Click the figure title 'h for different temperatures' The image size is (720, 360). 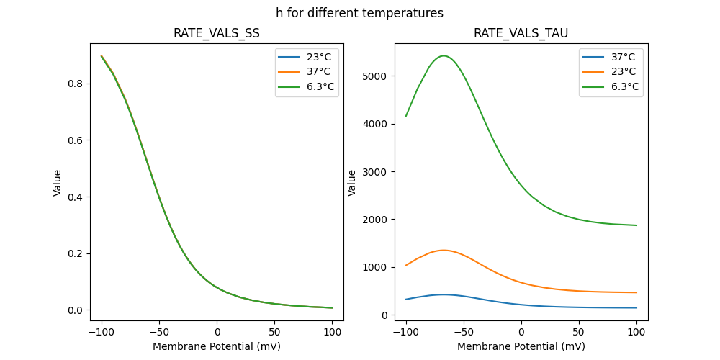click(x=359, y=13)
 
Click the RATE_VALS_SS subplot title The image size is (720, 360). click(x=217, y=34)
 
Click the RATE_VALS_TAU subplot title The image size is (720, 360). click(x=521, y=34)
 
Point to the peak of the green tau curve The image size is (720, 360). click(x=444, y=55)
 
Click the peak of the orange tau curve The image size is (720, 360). click(x=444, y=250)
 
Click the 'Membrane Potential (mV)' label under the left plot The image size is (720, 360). click(x=217, y=346)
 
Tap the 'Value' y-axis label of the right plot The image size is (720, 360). click(x=352, y=182)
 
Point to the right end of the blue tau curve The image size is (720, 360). click(x=636, y=307)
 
